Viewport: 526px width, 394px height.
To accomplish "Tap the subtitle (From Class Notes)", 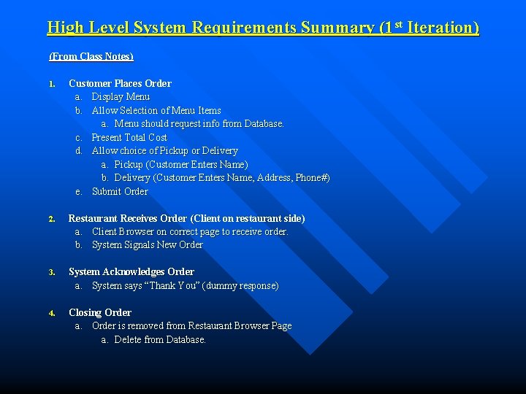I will point(91,56).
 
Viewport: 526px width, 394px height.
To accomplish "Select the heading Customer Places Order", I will point(120,83).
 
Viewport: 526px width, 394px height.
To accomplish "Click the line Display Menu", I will point(121,96).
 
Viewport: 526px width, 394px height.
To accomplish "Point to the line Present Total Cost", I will point(129,137).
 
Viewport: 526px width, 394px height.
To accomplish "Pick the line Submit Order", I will point(120,191).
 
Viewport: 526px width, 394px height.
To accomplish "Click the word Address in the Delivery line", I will point(274,178).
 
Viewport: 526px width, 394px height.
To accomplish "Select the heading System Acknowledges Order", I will point(131,271).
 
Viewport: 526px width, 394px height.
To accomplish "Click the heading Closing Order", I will point(100,312).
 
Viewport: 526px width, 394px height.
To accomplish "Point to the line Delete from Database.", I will point(160,339).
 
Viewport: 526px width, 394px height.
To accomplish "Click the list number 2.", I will point(52,219).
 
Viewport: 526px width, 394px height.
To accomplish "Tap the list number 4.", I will point(52,313).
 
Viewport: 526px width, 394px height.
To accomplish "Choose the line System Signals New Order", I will point(147,244).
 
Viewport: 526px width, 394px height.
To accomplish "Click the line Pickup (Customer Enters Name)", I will point(181,164).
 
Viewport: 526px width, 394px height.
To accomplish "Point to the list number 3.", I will point(52,272).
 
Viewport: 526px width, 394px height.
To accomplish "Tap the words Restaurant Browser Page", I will point(240,325).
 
